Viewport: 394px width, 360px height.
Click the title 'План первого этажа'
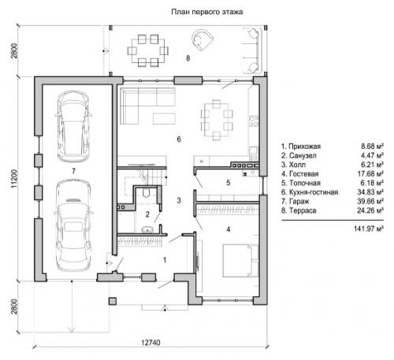207,12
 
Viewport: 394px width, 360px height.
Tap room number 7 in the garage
73,171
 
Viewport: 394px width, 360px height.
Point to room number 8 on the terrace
188,58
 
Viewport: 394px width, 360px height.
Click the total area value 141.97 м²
369,228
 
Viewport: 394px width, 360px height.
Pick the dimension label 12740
151,343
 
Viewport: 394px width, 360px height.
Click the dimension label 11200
14,179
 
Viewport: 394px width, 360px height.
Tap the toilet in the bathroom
146,192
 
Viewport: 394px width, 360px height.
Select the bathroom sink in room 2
148,229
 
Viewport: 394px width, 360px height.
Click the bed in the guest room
240,261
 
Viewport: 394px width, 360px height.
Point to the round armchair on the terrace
203,39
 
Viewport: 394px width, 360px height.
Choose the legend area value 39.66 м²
370,202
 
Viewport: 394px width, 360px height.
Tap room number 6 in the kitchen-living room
179,139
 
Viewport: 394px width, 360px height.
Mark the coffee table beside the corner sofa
164,118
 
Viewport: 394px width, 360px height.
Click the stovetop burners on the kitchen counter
254,121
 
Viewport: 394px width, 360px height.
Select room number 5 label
229,183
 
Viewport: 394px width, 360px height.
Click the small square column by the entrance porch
113,301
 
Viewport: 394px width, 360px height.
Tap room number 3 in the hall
179,201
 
